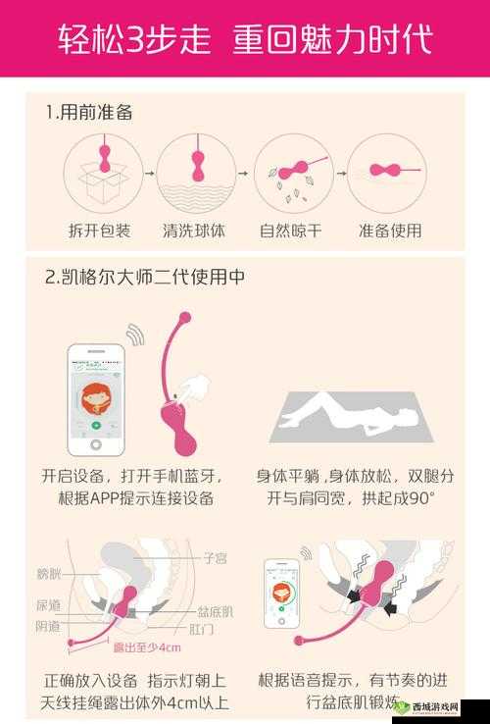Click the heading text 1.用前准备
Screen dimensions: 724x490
coord(89,112)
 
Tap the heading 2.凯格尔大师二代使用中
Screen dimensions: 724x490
coord(145,278)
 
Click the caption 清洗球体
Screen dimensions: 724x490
coord(193,232)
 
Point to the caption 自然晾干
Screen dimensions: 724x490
coord(290,232)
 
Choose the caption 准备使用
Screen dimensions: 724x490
coord(390,232)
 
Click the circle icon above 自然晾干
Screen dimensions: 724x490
coord(290,173)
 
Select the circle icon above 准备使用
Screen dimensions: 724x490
coord(386,173)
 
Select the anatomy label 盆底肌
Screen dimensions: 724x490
coord(216,611)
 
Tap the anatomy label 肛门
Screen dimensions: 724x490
coord(203,630)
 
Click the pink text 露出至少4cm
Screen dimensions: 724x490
coord(147,648)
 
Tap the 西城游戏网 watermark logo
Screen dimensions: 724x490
coord(437,704)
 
